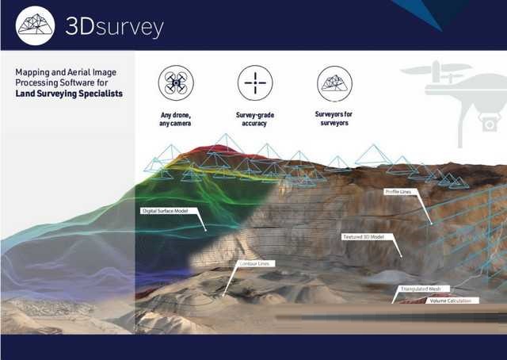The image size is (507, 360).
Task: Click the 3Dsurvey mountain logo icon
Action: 36,25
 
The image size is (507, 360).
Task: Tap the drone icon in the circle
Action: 176,82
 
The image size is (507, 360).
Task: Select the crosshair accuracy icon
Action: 255,82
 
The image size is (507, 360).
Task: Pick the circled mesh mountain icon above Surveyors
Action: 334,82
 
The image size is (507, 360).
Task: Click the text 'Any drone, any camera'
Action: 176,119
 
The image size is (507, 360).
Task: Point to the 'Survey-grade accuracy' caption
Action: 255,119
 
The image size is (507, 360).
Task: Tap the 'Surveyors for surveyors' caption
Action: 334,119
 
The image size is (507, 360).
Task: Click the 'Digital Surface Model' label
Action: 164,211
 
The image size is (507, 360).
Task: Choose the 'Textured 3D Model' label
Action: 363,236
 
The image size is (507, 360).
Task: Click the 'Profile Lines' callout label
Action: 397,192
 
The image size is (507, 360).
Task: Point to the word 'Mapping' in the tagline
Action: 34,71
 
